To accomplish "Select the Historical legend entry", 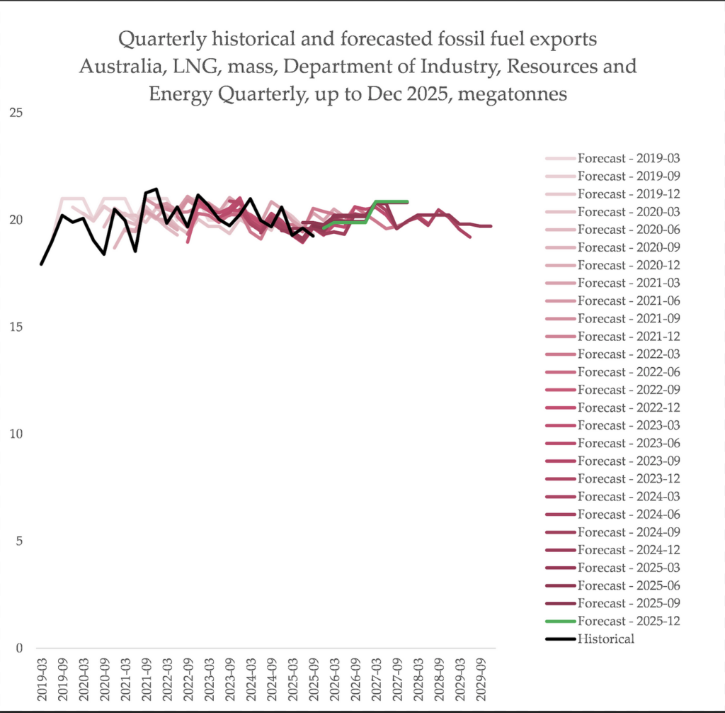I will pyautogui.click(x=605, y=639).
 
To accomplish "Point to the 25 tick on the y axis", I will pyautogui.click(x=16, y=113).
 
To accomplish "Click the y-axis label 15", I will pyautogui.click(x=16, y=327).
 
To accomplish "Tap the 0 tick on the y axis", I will pyautogui.click(x=19, y=648).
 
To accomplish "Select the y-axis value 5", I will pyautogui.click(x=19, y=541).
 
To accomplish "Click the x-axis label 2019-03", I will pyautogui.click(x=42, y=680).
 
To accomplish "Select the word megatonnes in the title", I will pyautogui.click(x=513, y=94).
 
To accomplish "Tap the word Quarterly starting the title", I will pyautogui.click(x=159, y=39).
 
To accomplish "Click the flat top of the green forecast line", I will pyautogui.click(x=392, y=202).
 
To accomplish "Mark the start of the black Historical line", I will pyautogui.click(x=42, y=264).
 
